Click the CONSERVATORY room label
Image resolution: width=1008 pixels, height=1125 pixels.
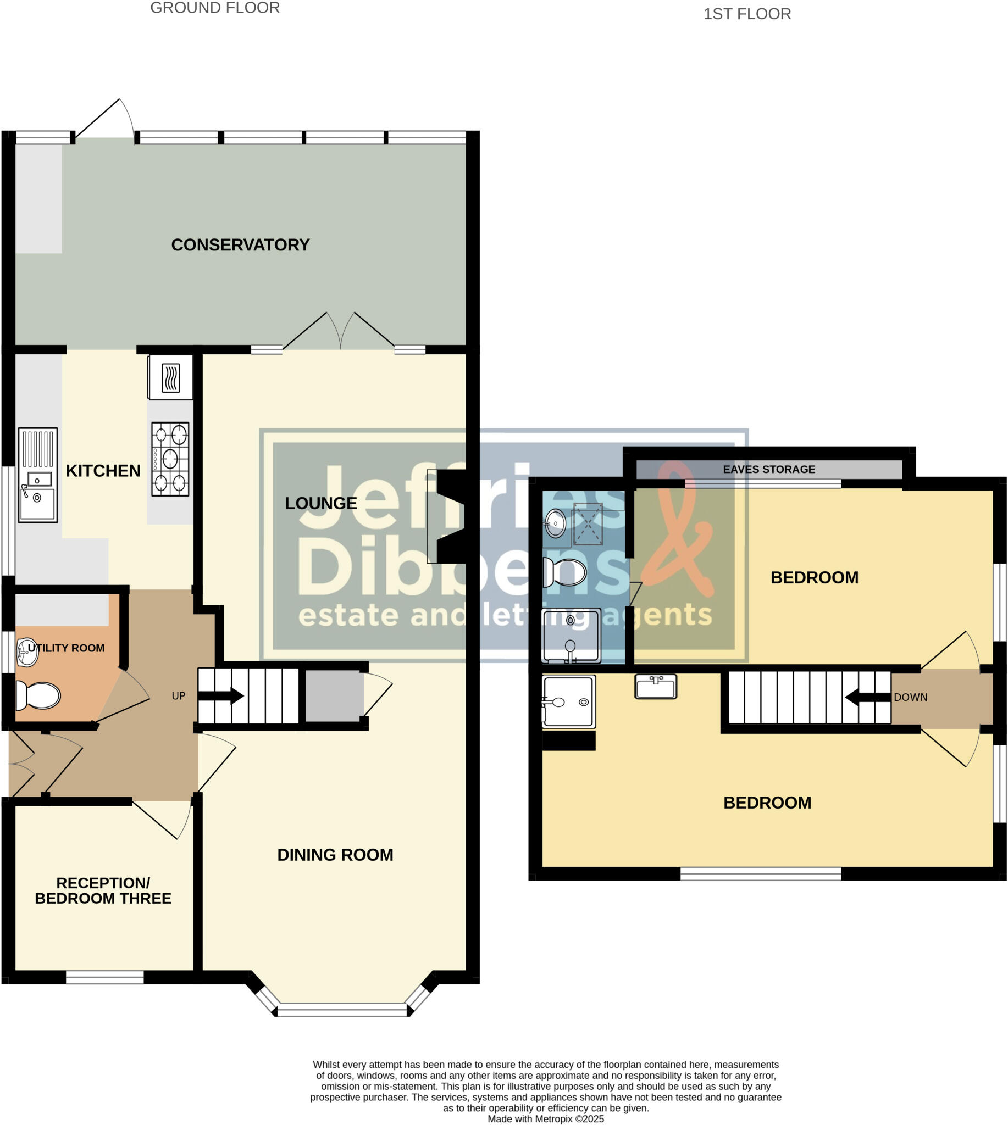click(240, 244)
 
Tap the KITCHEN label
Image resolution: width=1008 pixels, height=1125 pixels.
click(103, 471)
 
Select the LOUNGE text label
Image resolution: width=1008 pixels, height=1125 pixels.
click(320, 503)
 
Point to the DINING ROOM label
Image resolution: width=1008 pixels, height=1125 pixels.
click(335, 855)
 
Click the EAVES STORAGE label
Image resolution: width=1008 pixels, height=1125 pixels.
click(769, 470)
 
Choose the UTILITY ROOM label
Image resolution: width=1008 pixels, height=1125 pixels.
click(66, 648)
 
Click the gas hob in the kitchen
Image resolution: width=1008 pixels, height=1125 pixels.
click(170, 459)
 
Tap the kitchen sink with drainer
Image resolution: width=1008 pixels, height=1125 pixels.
click(38, 475)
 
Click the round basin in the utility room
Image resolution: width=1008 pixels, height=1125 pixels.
click(27, 652)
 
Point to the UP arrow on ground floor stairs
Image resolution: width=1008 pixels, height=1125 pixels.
click(221, 696)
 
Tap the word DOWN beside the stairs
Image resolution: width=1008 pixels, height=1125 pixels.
click(911, 698)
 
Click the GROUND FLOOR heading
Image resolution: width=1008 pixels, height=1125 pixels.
click(215, 8)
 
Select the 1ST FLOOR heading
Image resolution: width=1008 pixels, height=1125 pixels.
click(747, 14)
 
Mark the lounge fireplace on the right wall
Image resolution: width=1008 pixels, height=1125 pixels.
click(451, 516)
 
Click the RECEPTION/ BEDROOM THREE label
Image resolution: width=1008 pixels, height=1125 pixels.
click(103, 891)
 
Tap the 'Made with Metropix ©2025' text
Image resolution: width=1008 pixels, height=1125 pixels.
click(546, 1119)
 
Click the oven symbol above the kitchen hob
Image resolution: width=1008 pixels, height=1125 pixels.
click(170, 377)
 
